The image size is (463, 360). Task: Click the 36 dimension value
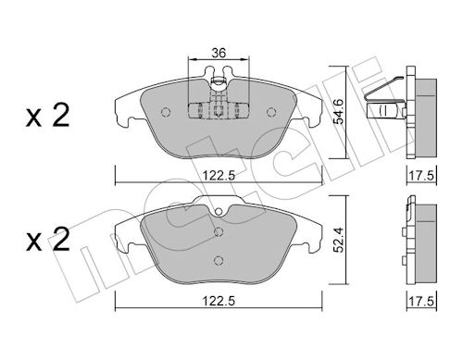(219, 53)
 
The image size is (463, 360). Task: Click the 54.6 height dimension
(340, 111)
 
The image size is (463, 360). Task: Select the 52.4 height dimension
(340, 240)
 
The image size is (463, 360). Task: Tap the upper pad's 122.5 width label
(219, 176)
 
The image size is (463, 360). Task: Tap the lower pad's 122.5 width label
(219, 301)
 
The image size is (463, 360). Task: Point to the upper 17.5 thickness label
(421, 176)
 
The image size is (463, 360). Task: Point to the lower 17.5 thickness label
(421, 301)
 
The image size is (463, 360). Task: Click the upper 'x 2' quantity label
(48, 116)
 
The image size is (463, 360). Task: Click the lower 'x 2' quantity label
(48, 240)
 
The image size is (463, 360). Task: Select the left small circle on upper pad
(166, 112)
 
